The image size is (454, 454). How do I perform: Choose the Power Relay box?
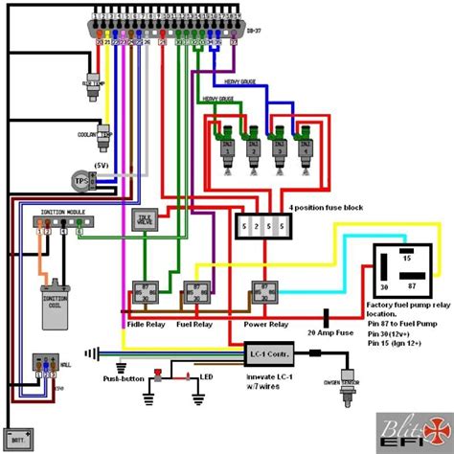(265, 294)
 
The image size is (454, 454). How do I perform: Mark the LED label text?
(205, 378)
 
